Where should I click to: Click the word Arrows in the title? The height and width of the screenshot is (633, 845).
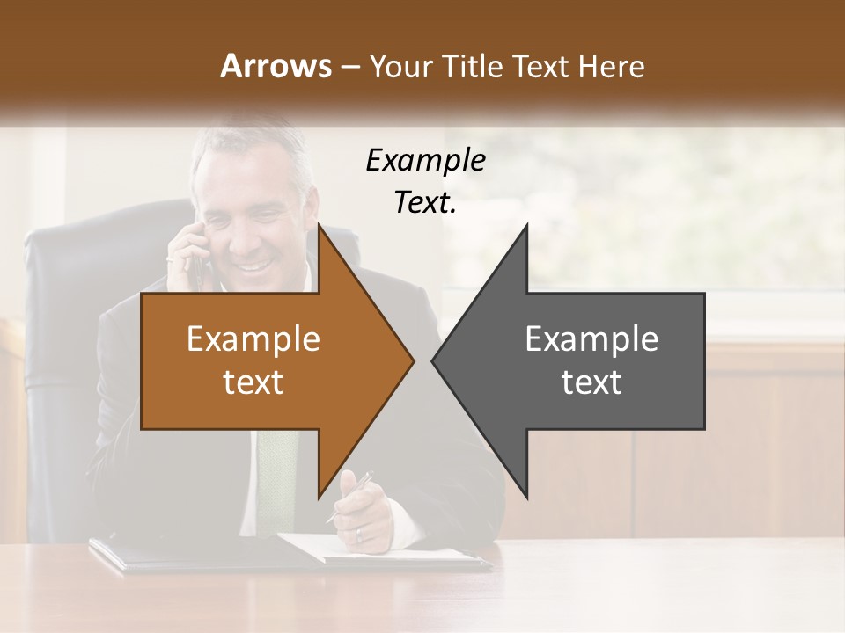click(x=275, y=66)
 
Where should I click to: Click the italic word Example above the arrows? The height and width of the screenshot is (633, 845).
click(x=425, y=161)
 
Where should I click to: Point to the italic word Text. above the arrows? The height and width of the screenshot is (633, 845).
click(x=425, y=203)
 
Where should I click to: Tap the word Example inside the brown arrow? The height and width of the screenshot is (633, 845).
click(x=253, y=339)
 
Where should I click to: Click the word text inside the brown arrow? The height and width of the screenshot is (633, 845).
click(x=253, y=382)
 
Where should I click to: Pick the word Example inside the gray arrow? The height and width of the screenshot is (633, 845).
click(x=591, y=339)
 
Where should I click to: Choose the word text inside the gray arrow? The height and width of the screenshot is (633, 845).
click(x=591, y=382)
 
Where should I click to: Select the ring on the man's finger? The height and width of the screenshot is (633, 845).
click(x=357, y=534)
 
